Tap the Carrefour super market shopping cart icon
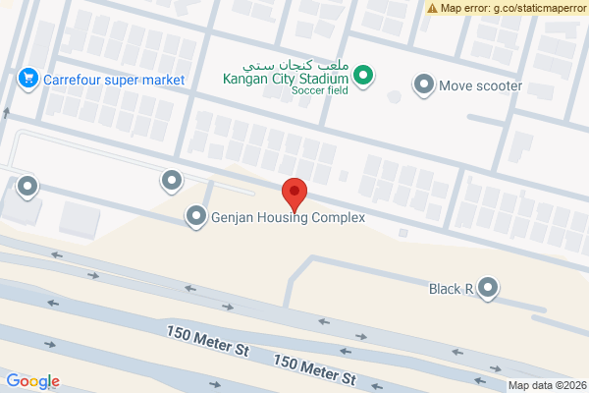click(27, 77)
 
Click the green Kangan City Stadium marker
click(363, 75)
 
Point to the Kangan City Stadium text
click(286, 79)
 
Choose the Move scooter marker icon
click(424, 84)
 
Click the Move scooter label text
click(480, 85)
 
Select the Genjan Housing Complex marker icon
click(196, 216)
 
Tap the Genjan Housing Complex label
click(288, 217)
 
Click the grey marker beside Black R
click(487, 288)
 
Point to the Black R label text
click(451, 289)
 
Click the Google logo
click(32, 381)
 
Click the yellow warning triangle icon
click(433, 8)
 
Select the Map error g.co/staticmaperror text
click(513, 8)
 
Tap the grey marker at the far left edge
click(27, 184)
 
